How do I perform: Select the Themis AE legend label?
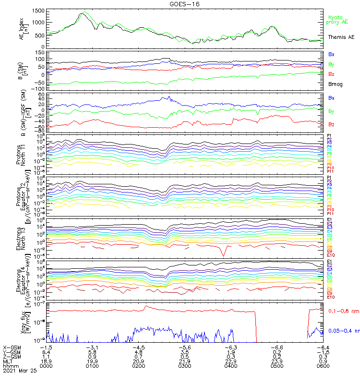[341, 36]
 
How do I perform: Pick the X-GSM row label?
[13, 347]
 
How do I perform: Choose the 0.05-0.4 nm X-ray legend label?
[343, 331]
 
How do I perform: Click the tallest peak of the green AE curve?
[85, 12]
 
